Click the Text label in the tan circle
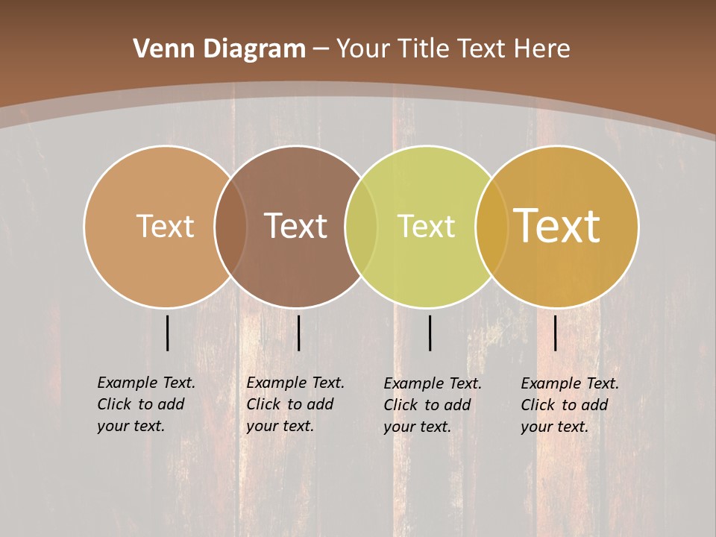(x=165, y=226)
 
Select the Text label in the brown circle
(x=295, y=226)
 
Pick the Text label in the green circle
(x=426, y=226)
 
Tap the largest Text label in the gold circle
(x=557, y=226)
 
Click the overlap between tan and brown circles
(x=230, y=226)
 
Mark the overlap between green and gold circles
(x=491, y=226)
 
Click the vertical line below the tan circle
(x=167, y=333)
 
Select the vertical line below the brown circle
(x=298, y=333)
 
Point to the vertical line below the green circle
(x=430, y=333)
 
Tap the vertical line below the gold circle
(x=555, y=333)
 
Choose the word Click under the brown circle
(x=264, y=404)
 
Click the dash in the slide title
(x=321, y=50)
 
